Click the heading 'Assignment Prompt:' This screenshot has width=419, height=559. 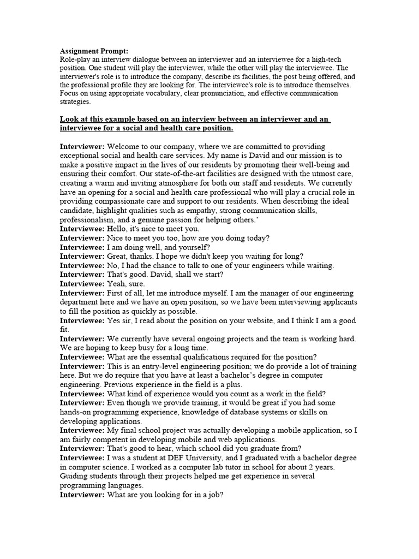click(x=94, y=51)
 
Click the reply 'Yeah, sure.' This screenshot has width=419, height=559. click(x=126, y=283)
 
